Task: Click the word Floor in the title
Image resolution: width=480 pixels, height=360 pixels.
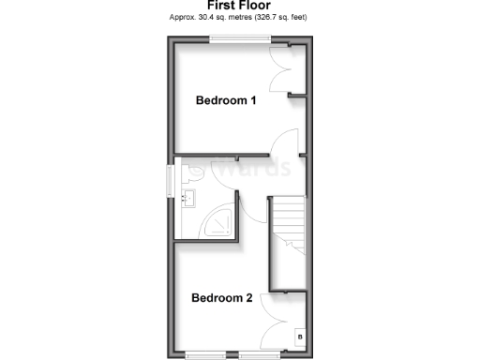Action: (257, 6)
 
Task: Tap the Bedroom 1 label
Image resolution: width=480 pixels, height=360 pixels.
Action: (225, 100)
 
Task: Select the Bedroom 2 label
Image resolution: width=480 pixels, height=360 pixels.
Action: (222, 298)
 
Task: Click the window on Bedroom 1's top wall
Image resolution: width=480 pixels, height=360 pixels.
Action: (241, 38)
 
